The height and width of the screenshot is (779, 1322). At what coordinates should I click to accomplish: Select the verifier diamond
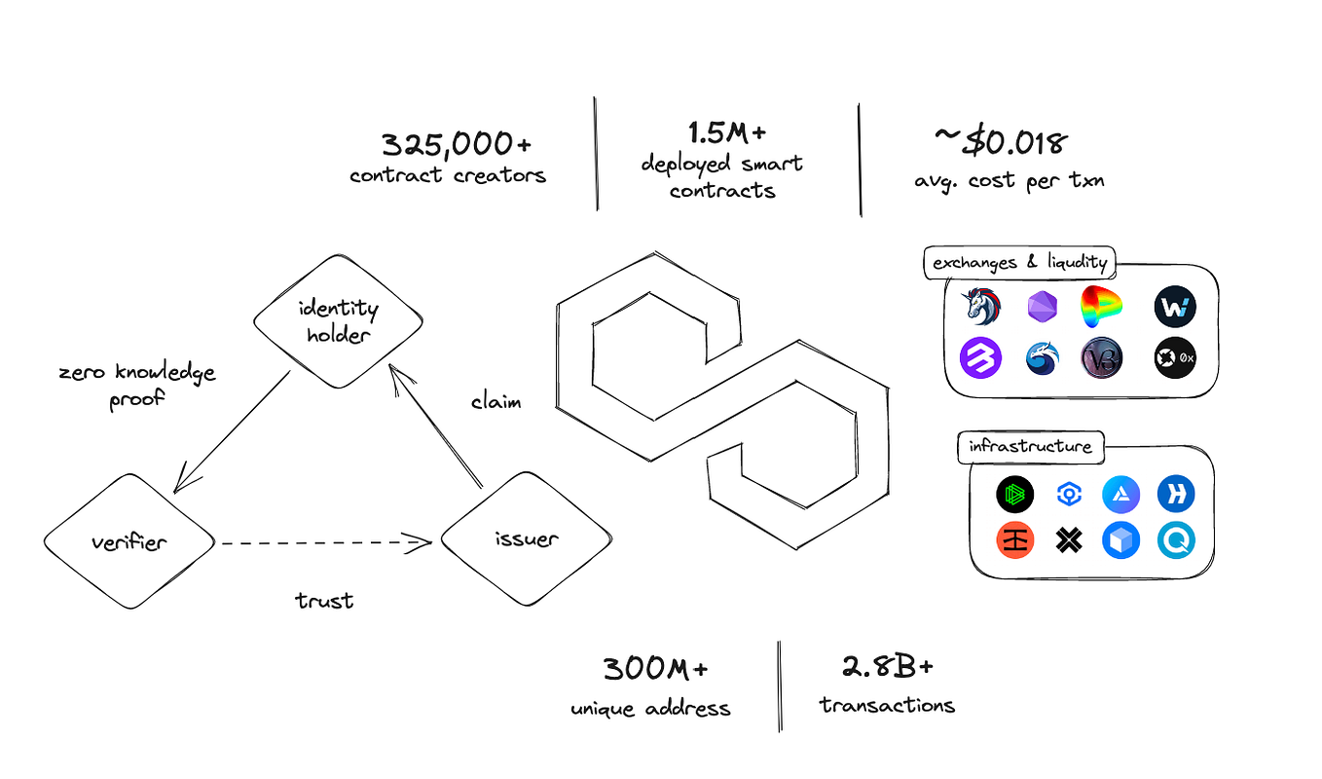coord(129,541)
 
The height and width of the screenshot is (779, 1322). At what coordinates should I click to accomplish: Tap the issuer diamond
coord(526,539)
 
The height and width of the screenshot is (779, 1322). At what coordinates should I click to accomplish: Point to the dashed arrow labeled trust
coord(325,542)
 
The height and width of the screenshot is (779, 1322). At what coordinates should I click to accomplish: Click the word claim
coord(496,401)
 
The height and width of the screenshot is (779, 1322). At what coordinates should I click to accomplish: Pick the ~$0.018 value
coord(1001,143)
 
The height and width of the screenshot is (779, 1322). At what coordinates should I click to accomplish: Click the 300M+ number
coord(654,669)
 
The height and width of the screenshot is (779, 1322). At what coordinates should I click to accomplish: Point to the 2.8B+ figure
coord(887,667)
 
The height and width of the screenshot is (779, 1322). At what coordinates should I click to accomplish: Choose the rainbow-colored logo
coord(1102,307)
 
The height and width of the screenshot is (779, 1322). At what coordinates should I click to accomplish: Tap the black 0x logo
coord(1174,358)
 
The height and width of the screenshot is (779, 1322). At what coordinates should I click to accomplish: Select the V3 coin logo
coord(1102,358)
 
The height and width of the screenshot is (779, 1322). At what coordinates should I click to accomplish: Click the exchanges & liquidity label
coord(1019,263)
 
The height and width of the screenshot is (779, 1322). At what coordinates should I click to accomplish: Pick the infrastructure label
coord(1030,447)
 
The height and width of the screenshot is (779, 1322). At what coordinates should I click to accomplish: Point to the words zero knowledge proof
coord(137,386)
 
